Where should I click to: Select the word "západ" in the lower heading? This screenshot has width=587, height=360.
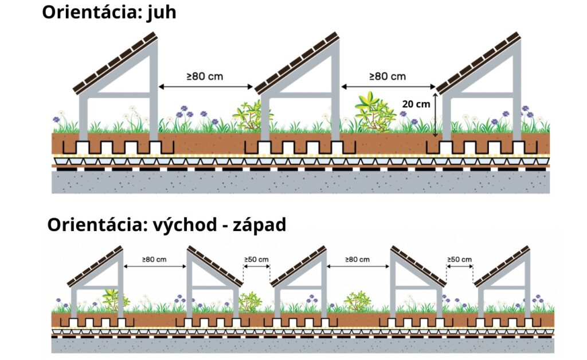tap(260, 225)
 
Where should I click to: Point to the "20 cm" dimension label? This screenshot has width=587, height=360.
tap(416, 104)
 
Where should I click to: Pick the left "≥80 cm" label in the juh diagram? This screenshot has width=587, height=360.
tap(205, 76)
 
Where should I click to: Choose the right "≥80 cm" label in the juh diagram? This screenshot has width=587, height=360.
tap(388, 76)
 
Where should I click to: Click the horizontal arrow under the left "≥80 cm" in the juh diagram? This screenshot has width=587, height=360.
tap(206, 87)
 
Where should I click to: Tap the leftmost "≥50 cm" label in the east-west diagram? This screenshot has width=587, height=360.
tap(256, 259)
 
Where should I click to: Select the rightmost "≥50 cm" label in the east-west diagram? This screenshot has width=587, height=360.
tap(459, 259)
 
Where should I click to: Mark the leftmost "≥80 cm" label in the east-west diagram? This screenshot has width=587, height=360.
tap(154, 259)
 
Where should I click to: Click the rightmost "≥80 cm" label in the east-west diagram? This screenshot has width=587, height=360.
tap(357, 259)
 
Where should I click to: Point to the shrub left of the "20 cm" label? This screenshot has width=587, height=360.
tap(375, 112)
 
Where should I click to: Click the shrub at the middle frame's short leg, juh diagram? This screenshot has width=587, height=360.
tap(250, 116)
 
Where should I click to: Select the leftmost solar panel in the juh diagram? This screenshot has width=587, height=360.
tap(115, 64)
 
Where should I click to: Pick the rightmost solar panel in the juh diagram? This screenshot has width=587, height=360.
tap(479, 63)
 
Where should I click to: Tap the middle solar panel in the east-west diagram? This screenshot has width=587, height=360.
tap(298, 267)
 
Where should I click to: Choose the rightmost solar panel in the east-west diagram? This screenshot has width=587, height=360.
tap(502, 267)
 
